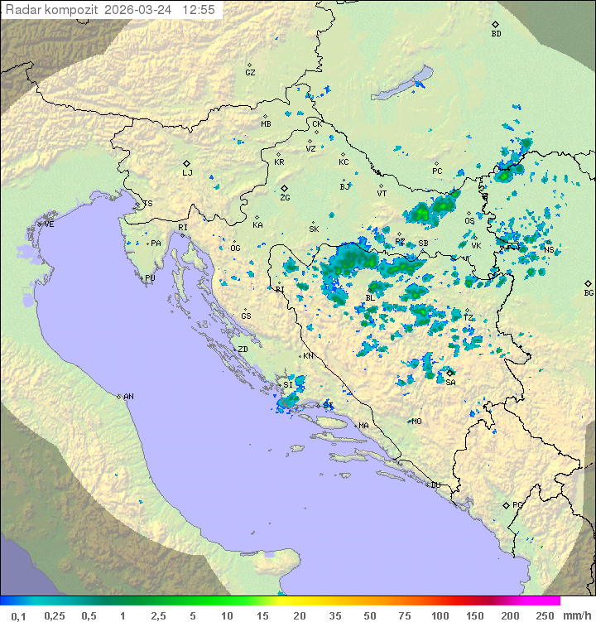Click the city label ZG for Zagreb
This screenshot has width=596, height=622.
click(285, 198)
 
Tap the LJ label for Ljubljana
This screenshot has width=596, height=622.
click(187, 173)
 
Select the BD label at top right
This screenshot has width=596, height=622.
click(496, 34)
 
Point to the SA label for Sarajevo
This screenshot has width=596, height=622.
click(450, 382)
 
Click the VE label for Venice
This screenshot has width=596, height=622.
click(49, 224)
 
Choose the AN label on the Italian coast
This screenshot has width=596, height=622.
click(128, 397)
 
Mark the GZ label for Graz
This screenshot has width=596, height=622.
click(250, 73)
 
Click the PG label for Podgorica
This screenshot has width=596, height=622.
click(517, 504)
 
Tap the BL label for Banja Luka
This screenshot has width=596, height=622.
click(370, 297)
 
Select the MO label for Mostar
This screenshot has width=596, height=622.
click(416, 421)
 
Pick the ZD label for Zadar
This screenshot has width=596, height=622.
click(243, 350)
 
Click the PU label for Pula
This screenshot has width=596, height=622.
click(150, 278)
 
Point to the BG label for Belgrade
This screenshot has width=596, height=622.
click(589, 292)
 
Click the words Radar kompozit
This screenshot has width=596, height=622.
click(52, 10)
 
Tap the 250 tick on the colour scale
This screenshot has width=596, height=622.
click(544, 615)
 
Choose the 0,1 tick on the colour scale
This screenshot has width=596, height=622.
click(18, 615)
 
